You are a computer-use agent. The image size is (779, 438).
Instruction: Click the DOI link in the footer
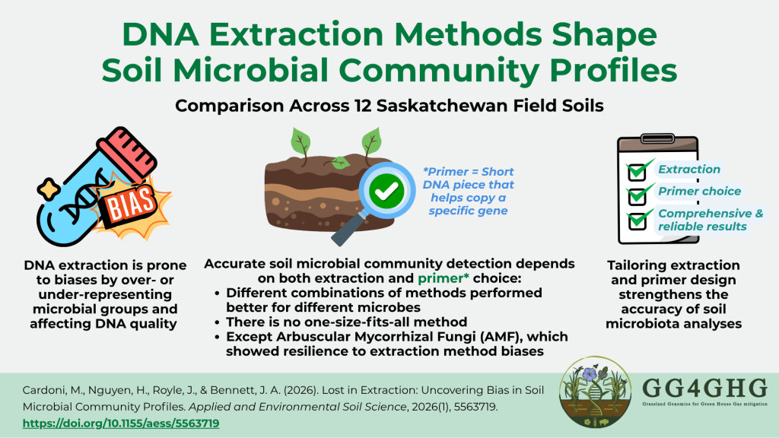[x=121, y=424]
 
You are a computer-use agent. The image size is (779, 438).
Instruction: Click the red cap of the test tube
[x=128, y=151]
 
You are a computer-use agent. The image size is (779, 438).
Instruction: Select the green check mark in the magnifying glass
[x=386, y=191]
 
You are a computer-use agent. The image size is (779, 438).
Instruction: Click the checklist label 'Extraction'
[x=689, y=170]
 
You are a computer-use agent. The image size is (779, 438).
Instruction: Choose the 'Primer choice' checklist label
[x=700, y=191]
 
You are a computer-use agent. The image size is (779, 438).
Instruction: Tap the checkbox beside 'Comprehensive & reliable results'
[x=638, y=220]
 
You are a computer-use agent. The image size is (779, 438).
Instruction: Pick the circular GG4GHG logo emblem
[x=595, y=392]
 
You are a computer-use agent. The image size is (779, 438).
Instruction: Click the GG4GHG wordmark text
[x=704, y=388]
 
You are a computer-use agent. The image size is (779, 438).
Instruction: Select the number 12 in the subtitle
[x=362, y=106]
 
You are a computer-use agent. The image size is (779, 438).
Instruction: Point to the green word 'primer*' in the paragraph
[x=444, y=278]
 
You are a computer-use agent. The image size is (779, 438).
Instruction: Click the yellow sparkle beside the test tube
[x=48, y=189]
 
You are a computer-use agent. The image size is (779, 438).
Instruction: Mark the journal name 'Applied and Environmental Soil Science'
[x=297, y=408]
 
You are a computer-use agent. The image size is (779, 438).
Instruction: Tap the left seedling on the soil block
[x=300, y=144]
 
